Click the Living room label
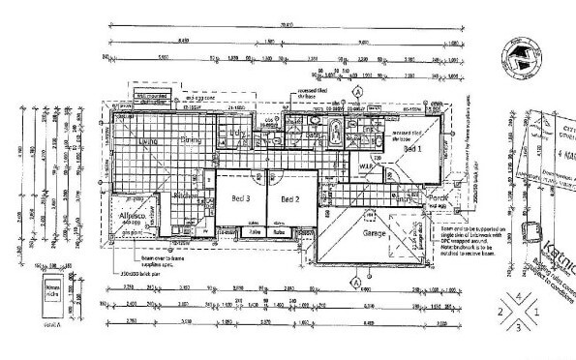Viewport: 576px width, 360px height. [148, 142]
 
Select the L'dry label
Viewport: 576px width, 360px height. [237, 133]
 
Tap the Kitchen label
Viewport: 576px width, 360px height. [185, 195]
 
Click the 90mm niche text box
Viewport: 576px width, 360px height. [54, 291]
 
